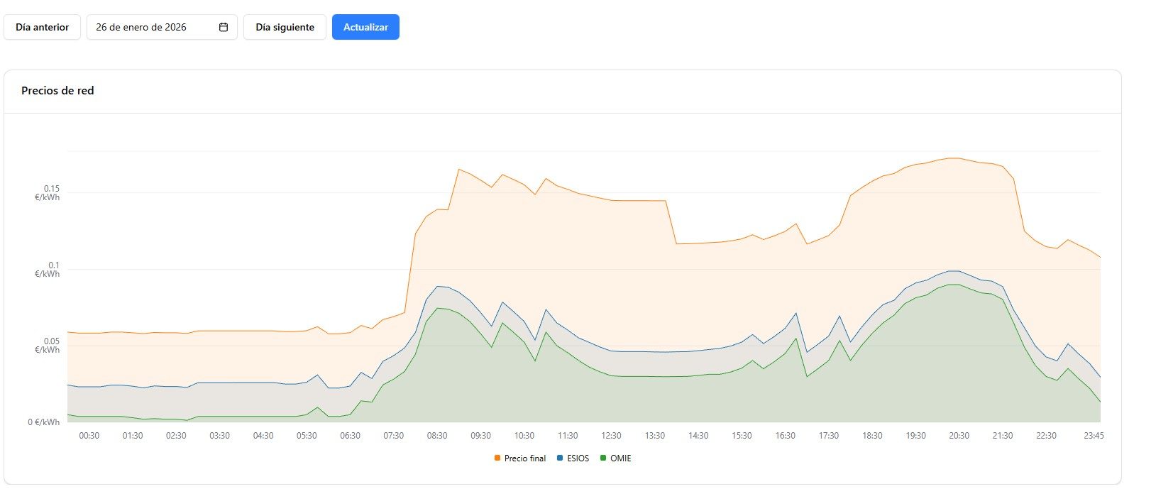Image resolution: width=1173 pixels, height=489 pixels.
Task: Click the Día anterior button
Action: point(42,27)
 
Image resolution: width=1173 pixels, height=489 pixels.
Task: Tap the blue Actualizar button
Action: point(365,27)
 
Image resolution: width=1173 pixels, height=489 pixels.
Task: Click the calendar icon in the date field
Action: point(224,27)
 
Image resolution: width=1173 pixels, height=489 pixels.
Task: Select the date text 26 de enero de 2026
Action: point(141,27)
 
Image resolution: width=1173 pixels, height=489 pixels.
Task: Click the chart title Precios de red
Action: point(57,90)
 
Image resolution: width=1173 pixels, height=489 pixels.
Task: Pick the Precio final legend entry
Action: point(520,458)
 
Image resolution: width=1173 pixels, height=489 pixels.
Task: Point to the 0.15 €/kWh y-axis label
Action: point(48,193)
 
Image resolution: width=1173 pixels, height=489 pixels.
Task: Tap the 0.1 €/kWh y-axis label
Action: point(48,270)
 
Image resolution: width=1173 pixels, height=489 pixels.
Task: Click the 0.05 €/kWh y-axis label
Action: point(48,346)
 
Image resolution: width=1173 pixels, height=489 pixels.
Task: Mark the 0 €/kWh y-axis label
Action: point(44,422)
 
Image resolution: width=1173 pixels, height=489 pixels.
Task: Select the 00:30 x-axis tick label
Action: point(89,436)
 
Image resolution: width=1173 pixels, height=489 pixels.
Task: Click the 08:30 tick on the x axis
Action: point(437,436)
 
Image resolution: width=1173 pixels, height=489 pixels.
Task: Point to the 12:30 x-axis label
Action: point(611,436)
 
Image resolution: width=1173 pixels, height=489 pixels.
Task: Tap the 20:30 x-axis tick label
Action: point(959,436)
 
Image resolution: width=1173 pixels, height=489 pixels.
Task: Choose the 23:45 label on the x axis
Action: point(1094,436)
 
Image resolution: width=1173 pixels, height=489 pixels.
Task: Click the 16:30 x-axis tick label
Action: point(785,436)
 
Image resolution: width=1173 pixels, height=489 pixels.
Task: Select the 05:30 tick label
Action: point(307,436)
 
